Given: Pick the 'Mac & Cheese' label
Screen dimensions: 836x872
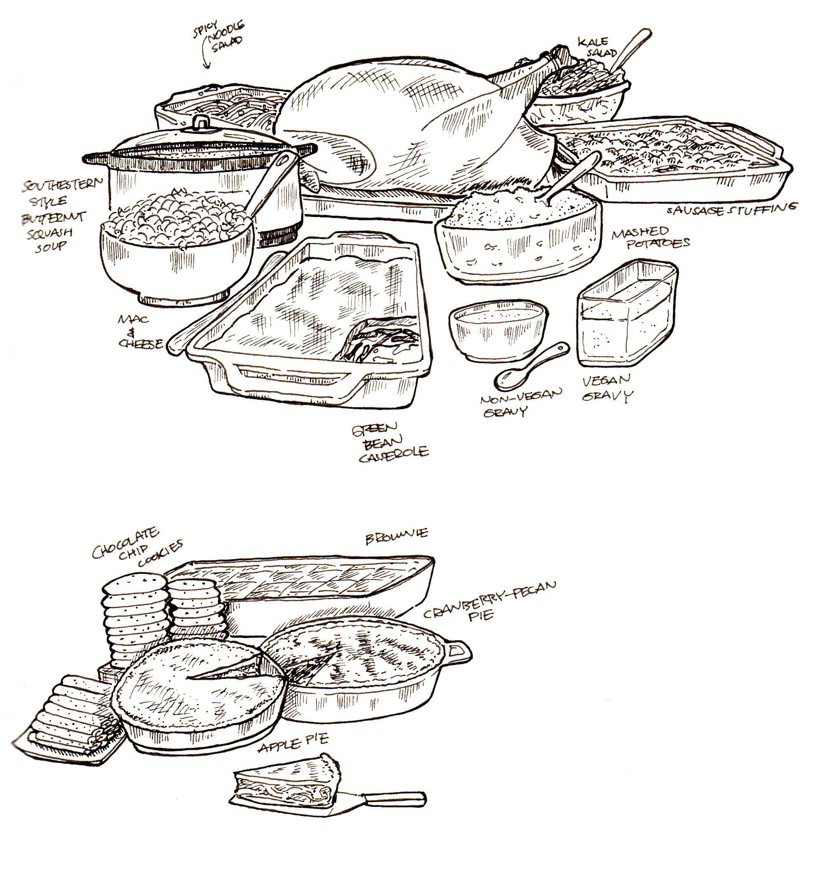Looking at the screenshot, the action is click(139, 332).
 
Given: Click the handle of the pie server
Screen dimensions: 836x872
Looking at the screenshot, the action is click(394, 797).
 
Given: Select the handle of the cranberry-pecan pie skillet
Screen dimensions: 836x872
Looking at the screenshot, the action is click(459, 653).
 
